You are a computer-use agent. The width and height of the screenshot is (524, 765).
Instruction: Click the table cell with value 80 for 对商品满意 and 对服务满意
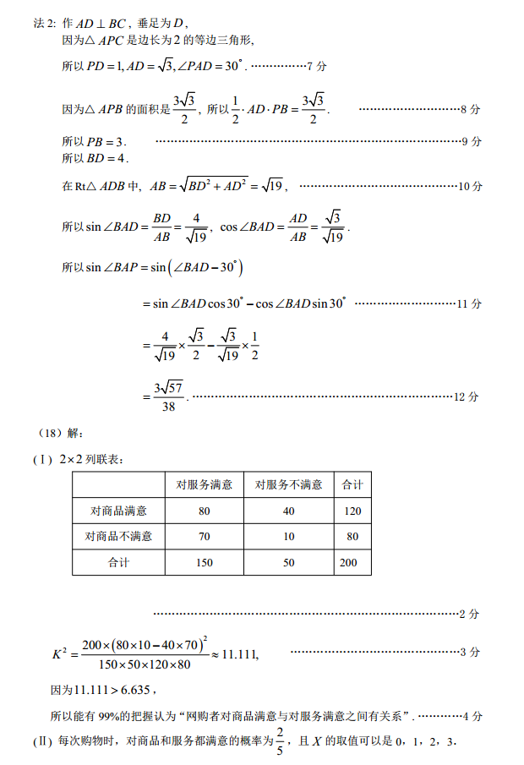(x=204, y=511)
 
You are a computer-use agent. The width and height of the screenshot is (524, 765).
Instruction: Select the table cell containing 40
(x=289, y=511)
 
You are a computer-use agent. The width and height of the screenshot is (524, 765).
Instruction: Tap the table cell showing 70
(x=204, y=536)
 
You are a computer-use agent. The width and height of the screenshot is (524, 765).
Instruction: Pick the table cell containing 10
(x=289, y=536)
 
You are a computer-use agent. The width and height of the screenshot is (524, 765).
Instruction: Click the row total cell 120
(x=352, y=511)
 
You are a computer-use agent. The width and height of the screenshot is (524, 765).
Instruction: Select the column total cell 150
(x=204, y=562)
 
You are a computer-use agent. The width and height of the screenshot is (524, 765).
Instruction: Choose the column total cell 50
(x=289, y=562)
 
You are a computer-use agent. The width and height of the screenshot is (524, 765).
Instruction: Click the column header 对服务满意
(x=204, y=484)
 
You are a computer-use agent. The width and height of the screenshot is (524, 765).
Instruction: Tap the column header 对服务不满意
(x=289, y=484)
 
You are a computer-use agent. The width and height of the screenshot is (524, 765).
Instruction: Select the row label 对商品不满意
(x=118, y=536)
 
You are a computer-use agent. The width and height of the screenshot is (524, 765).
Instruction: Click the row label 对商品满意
(x=118, y=511)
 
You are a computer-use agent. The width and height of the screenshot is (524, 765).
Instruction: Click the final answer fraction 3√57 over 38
(x=169, y=396)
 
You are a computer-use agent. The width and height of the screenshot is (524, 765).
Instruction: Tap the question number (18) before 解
(x=51, y=434)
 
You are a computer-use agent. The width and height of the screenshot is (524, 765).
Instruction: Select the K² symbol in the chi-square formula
(x=59, y=653)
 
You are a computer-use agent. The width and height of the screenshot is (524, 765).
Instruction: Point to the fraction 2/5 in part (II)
(x=281, y=741)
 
